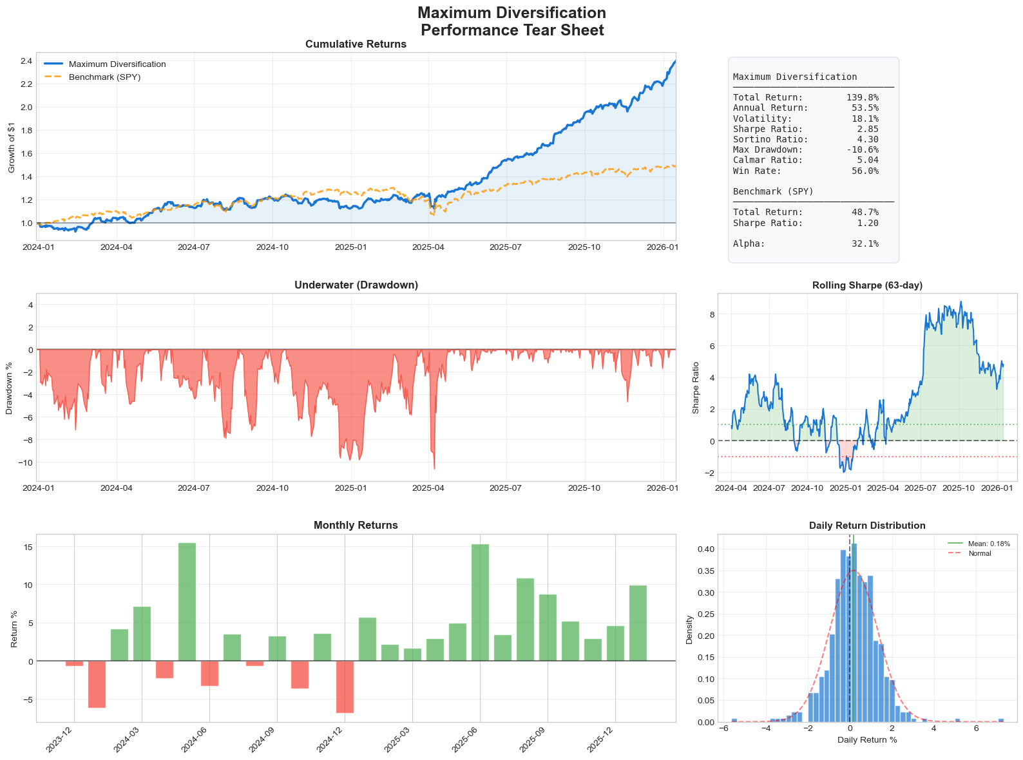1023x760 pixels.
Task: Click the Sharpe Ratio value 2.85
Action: pos(867,129)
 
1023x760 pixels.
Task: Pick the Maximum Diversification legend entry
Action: pos(117,64)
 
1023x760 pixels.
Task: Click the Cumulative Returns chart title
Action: pos(356,44)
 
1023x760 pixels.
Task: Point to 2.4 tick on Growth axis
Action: pos(26,61)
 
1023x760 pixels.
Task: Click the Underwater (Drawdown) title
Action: pos(356,285)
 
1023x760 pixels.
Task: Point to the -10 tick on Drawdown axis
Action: pos(23,462)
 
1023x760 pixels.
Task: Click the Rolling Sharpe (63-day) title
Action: pos(867,285)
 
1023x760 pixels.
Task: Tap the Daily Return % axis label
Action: pos(867,740)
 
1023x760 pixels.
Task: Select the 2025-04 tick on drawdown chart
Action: pos(429,488)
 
